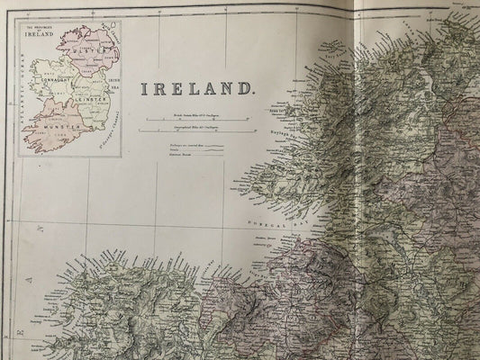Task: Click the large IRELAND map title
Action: point(195,89)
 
